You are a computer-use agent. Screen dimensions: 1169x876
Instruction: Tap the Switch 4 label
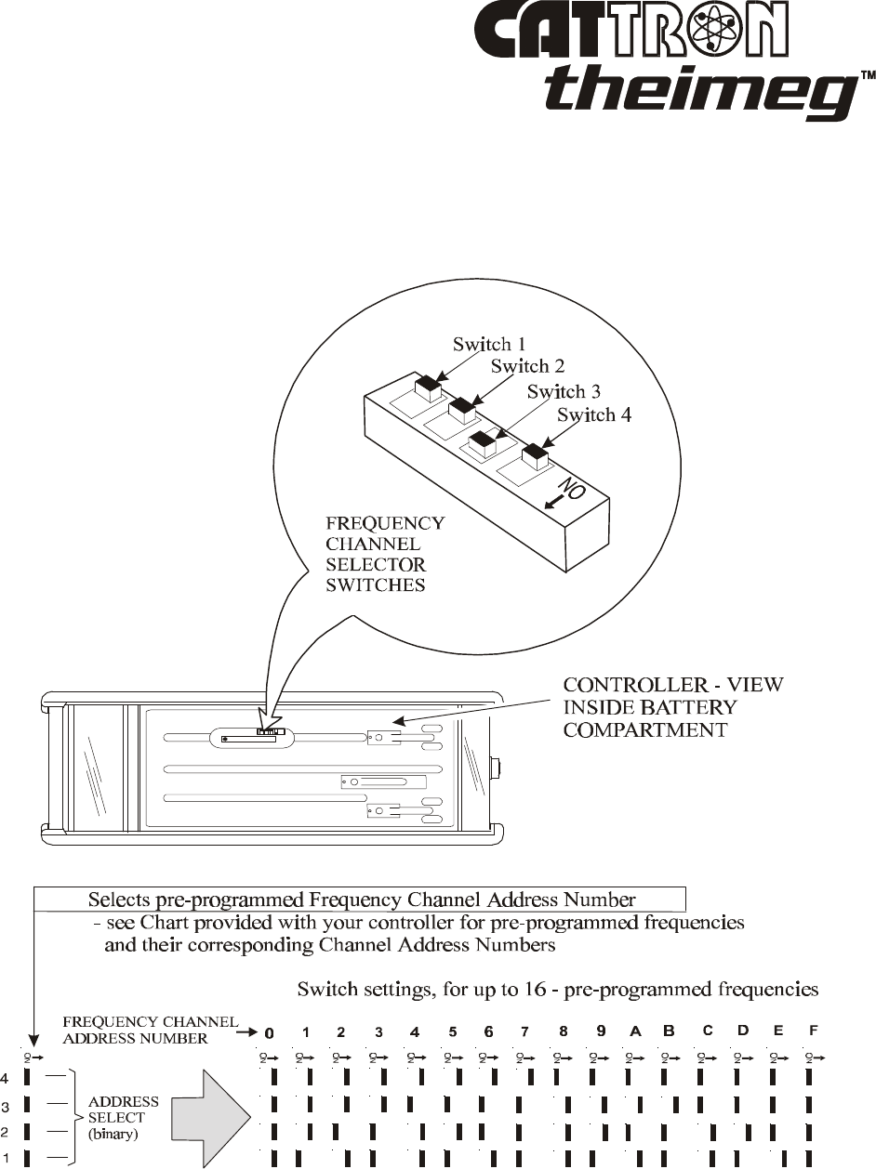(594, 415)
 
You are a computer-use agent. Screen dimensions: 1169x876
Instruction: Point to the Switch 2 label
(527, 367)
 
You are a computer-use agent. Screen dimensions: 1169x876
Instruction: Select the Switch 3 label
(564, 391)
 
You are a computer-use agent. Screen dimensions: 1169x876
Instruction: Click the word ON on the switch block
(571, 489)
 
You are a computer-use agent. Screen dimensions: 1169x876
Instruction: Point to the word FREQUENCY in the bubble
(384, 523)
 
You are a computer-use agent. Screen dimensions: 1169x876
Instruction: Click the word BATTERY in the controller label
(687, 707)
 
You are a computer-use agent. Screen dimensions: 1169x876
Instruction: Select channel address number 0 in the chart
(270, 1032)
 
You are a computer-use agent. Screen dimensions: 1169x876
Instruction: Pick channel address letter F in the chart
(814, 1031)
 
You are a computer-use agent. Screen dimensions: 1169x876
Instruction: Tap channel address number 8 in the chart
(564, 1031)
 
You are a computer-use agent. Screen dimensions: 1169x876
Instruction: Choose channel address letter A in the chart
(635, 1031)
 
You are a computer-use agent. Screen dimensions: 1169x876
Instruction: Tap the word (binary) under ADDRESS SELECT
(117, 1135)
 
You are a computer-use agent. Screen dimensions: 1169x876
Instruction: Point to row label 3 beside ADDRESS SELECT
(6, 1108)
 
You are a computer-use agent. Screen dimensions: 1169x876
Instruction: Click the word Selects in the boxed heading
(120, 900)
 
